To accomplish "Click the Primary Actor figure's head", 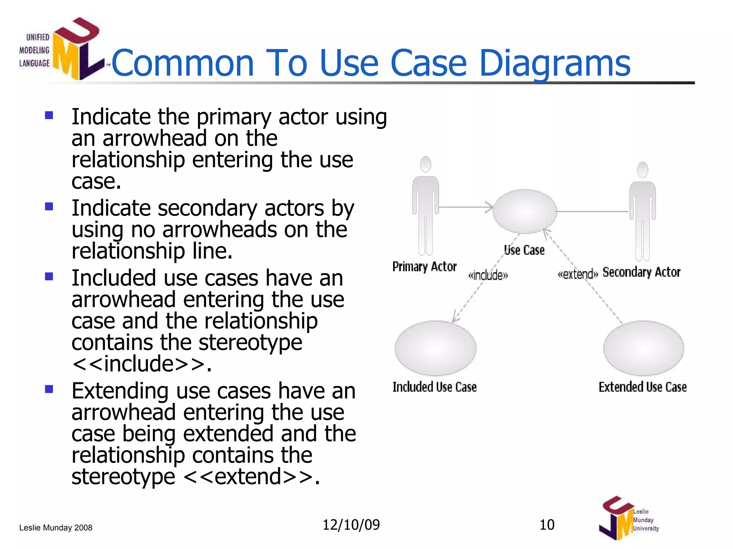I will point(426,164).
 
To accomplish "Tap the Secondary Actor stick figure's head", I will point(643,170).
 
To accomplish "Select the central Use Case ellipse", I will point(525,211).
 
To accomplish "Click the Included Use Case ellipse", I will point(435,348).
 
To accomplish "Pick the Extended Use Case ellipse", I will point(644,348).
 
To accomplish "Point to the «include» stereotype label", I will point(488,276).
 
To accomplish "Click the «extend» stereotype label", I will point(577,274).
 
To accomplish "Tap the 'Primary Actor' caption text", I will point(424,267).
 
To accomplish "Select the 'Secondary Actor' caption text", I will point(641,272).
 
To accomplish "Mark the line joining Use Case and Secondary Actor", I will point(592,212).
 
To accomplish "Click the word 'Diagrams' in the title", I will point(554,63).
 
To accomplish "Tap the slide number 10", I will point(547,525).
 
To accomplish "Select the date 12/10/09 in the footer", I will point(351,525).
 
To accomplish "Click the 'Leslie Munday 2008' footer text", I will point(56,528).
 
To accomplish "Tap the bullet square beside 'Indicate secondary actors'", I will point(49,207).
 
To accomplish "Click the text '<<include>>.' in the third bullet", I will point(142,364).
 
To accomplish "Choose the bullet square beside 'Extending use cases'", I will point(49,389).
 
